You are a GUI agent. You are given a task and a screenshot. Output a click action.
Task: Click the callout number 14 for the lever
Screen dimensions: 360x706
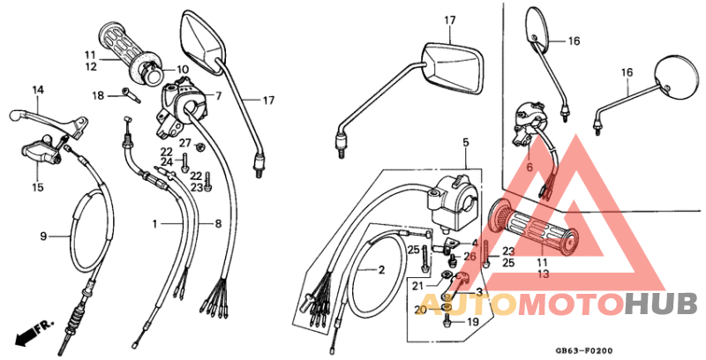click(x=38, y=90)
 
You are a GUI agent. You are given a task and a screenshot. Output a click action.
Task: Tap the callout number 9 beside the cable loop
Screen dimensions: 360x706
click(x=41, y=236)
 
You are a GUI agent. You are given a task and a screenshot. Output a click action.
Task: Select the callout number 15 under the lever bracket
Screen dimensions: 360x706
click(x=38, y=187)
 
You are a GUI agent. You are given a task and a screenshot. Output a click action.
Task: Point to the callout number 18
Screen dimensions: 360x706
click(x=99, y=95)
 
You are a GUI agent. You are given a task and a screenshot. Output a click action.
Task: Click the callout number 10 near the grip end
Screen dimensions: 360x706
click(x=183, y=69)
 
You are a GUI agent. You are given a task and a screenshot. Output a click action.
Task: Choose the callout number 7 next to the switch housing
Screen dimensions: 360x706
click(x=218, y=95)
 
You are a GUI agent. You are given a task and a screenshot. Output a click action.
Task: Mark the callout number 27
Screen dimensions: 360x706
click(x=185, y=143)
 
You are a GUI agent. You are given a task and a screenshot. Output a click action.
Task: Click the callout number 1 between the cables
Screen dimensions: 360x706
click(x=154, y=225)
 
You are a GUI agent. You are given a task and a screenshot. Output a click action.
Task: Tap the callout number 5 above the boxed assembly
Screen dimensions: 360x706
click(x=464, y=142)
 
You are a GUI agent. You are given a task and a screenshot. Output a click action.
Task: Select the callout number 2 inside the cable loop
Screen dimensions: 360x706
click(x=382, y=270)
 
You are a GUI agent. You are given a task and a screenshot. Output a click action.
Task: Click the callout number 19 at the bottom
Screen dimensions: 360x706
click(x=472, y=323)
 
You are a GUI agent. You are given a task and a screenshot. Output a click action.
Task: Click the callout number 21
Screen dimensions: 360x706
click(x=417, y=286)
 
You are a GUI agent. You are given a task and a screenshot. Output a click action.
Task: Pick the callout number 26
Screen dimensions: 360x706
click(x=469, y=258)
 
